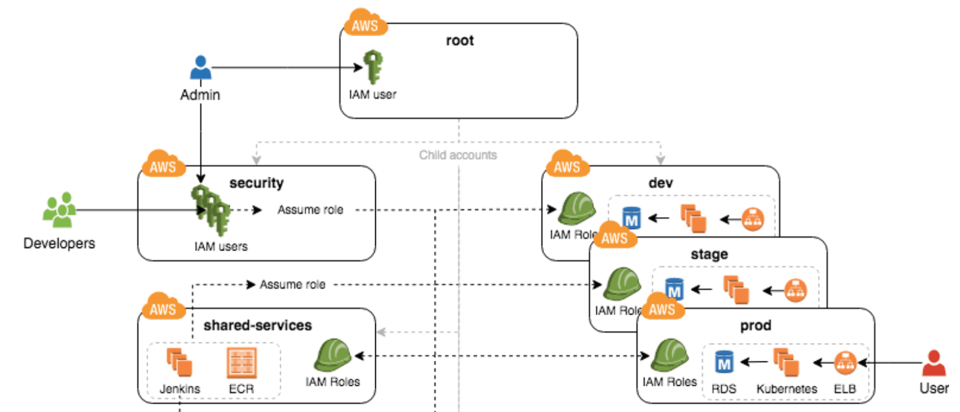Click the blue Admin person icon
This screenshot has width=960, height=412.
(200, 68)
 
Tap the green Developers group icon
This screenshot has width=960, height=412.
(59, 210)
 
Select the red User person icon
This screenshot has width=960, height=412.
(933, 363)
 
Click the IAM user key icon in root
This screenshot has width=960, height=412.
(372, 67)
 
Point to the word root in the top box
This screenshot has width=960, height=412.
(459, 41)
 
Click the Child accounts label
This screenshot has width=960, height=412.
(457, 155)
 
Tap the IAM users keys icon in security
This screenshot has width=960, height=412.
(211, 210)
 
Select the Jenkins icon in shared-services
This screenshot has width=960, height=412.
(180, 362)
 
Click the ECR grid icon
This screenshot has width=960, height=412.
(241, 363)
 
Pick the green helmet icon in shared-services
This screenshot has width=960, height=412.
(333, 355)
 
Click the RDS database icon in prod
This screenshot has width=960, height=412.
(724, 362)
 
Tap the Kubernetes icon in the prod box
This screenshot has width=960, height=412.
(786, 362)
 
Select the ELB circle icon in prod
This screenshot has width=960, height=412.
(845, 363)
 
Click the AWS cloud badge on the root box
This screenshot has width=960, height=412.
(365, 24)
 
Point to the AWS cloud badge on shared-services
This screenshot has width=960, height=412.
(163, 307)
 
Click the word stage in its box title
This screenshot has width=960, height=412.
(709, 254)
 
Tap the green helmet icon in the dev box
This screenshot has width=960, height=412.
(576, 208)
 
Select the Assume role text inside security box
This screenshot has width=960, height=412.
(310, 210)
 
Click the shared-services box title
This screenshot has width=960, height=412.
(257, 325)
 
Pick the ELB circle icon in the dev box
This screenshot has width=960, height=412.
(753, 219)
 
